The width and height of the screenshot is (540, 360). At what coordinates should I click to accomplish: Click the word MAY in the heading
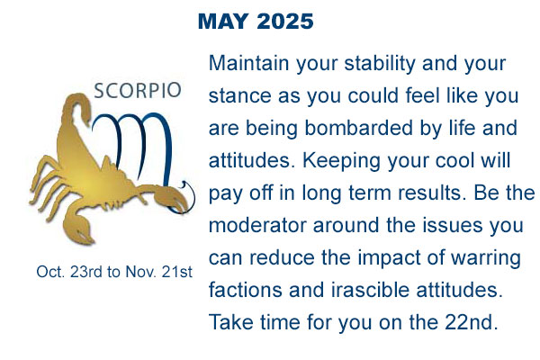point(223,22)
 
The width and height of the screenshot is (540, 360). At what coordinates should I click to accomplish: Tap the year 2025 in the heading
point(285,22)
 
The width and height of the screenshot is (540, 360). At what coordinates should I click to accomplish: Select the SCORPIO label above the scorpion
point(138,91)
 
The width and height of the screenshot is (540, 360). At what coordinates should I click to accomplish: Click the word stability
point(380,65)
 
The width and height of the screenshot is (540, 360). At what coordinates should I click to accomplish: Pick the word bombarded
point(359,128)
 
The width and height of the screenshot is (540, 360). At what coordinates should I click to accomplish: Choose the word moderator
point(258,225)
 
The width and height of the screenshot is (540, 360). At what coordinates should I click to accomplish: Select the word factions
point(246,290)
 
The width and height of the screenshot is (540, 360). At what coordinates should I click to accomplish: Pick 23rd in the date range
point(86,272)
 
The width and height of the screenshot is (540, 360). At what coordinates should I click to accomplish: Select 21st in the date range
point(176,272)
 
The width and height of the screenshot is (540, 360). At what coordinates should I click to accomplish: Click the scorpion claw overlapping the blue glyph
point(171,199)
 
